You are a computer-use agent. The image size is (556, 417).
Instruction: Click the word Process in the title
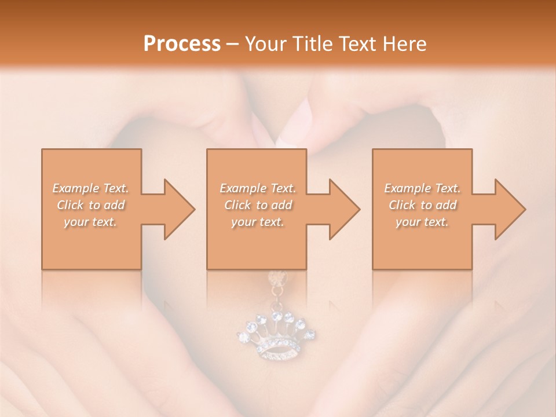182,43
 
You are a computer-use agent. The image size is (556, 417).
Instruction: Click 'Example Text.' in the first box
91,188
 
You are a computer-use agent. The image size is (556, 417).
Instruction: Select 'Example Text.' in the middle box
258,188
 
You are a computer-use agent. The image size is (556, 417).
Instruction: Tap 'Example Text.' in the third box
422,188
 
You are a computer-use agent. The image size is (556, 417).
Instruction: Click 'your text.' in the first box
91,222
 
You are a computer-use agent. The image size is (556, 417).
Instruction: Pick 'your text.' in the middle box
258,222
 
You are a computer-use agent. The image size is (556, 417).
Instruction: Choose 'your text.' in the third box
422,222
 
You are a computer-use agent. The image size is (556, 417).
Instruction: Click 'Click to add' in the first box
91,205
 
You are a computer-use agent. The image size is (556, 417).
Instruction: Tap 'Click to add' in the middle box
258,205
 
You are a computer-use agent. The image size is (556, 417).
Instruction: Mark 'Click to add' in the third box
422,205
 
